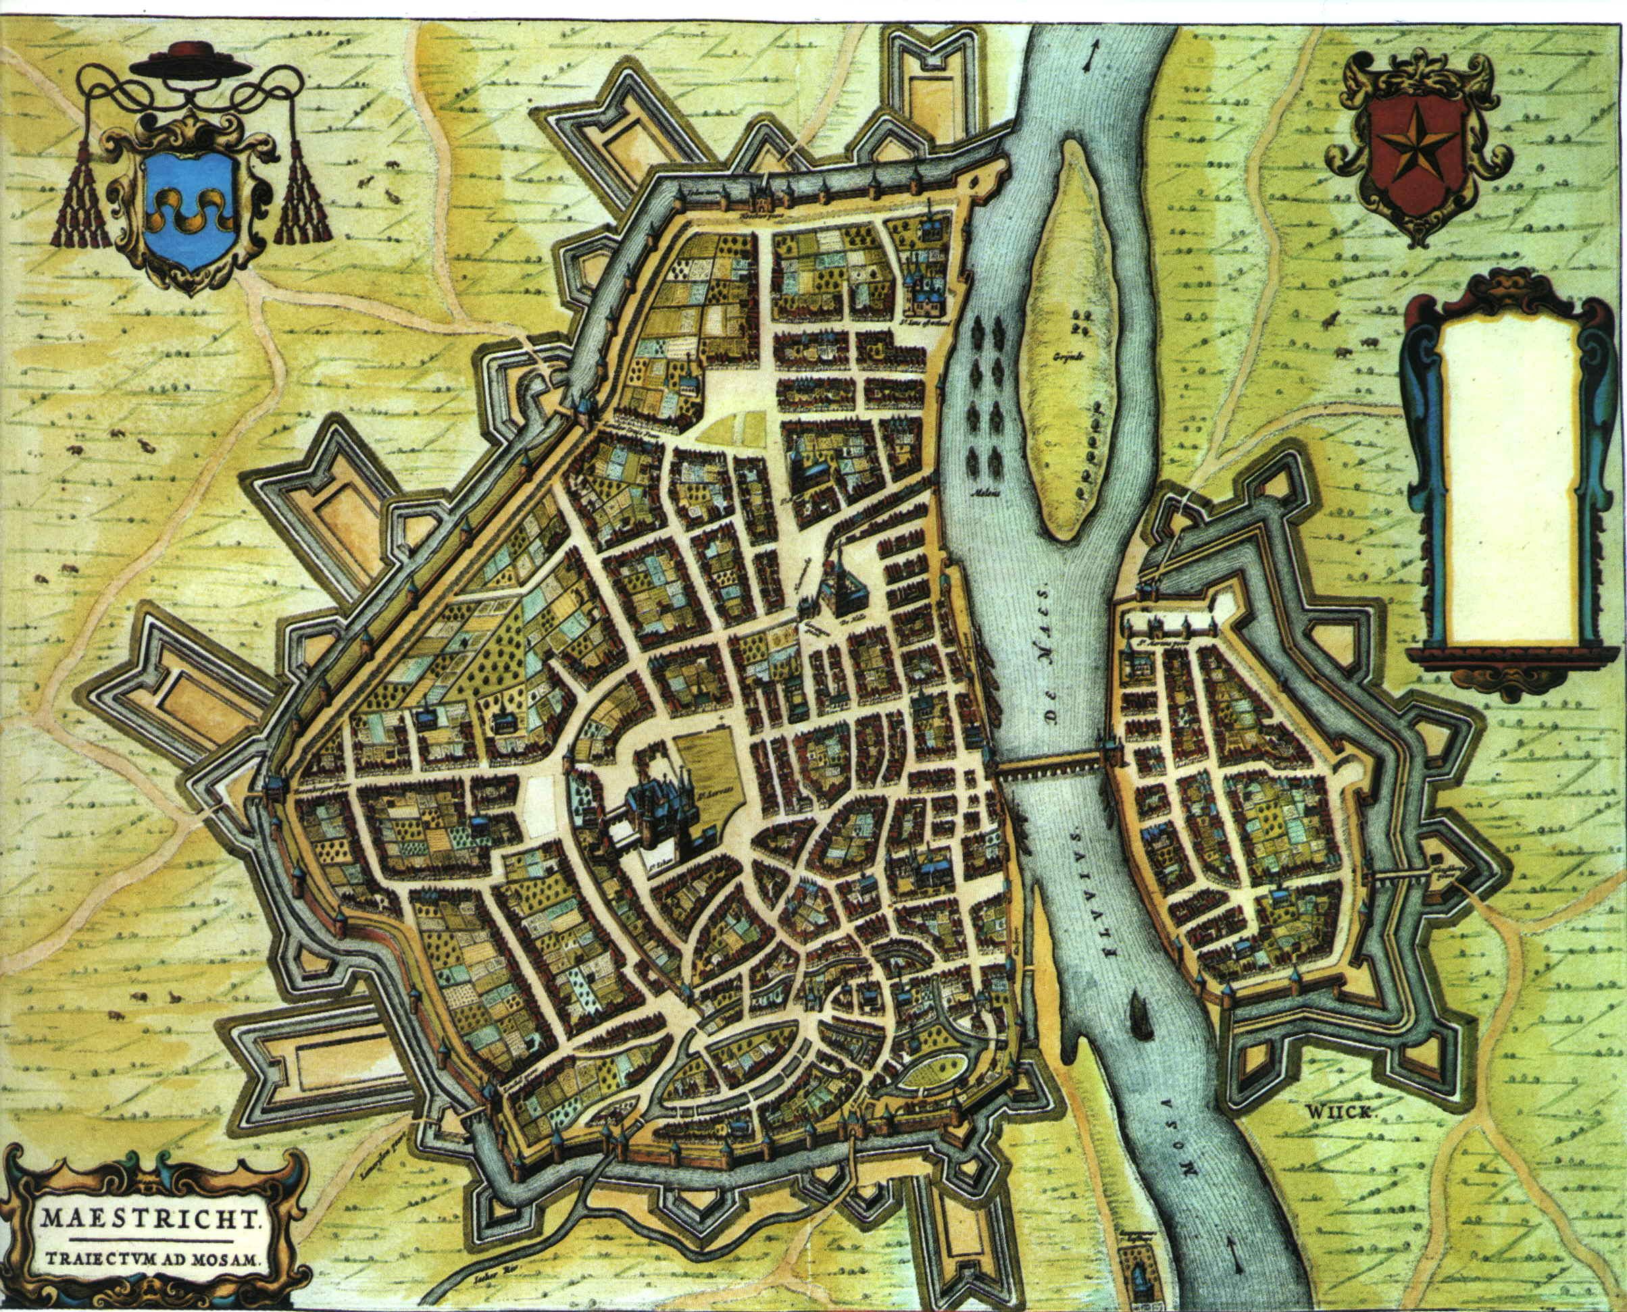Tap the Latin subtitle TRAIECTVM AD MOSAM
152,1260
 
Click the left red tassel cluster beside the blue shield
78,201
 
